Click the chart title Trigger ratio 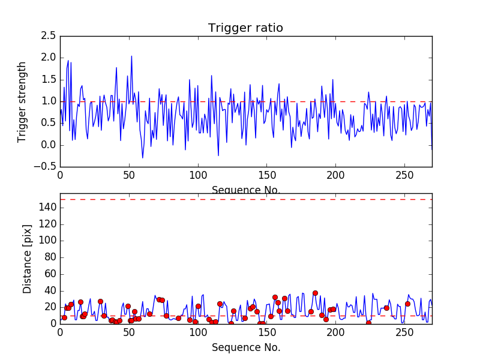245,28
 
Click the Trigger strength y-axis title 22,101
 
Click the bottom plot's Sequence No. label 245,347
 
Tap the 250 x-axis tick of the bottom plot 404,332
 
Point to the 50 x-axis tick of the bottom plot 129,332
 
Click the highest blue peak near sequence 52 131,56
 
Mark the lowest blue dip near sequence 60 143,158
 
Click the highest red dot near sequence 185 315,293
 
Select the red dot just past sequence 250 407,304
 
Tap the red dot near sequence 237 386,308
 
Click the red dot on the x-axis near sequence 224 368,323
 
